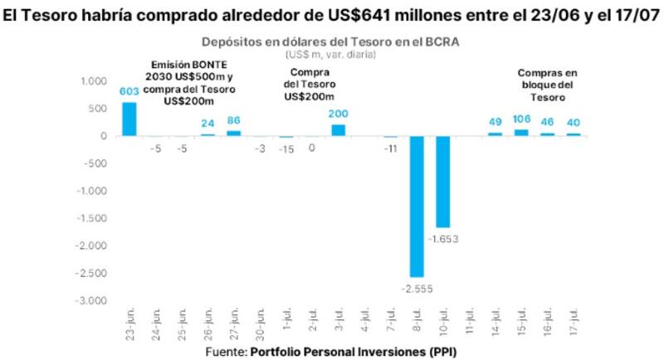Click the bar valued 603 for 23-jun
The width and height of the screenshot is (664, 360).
coord(129,119)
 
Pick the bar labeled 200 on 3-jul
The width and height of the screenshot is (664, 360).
coord(339,130)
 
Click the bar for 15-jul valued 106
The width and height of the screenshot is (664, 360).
coord(521,133)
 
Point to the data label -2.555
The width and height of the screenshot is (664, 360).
coord(417,289)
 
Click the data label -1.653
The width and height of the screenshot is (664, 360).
coord(443,239)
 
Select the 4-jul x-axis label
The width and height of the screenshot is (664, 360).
coord(365,325)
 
